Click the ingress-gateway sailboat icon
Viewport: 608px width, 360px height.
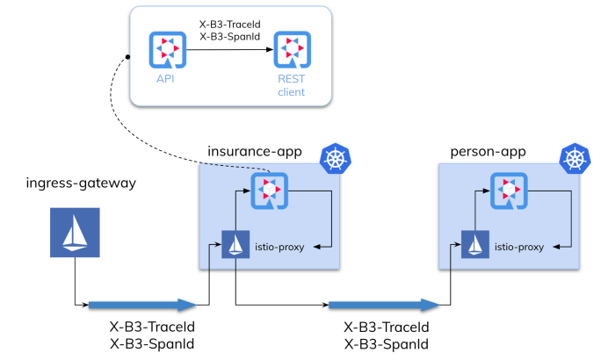73,233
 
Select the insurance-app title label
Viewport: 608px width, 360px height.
254,151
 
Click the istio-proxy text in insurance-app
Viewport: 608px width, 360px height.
279,247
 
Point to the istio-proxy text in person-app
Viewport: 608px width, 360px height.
518,247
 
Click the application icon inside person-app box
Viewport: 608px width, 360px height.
506,189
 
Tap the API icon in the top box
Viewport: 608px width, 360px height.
167,50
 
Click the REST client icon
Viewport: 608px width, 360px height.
291,50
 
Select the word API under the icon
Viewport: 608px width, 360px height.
166,79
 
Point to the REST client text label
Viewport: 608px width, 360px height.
291,85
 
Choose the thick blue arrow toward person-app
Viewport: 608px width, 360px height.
383,305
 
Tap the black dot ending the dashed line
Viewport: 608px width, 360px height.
128,58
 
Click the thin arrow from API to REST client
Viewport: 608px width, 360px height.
228,50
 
